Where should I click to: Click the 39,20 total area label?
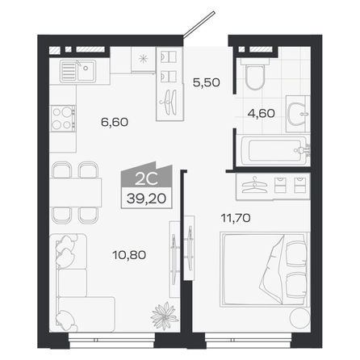[146, 199]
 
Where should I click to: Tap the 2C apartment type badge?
[146, 179]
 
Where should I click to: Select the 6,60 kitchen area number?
[115, 122]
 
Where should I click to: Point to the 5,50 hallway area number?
[207, 82]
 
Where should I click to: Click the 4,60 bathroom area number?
[262, 113]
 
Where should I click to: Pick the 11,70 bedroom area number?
[236, 218]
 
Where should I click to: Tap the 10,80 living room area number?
[129, 255]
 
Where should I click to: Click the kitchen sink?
[78, 71]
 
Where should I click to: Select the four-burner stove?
[63, 119]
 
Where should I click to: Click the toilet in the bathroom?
[255, 74]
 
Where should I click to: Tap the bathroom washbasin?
[298, 114]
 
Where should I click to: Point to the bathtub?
[274, 150]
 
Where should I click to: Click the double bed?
[265, 270]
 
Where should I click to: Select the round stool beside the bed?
[299, 318]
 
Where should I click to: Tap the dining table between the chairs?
[75, 192]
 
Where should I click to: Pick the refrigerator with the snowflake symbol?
[144, 60]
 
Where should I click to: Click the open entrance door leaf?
[199, 23]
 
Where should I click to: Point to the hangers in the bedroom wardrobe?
[254, 185]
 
